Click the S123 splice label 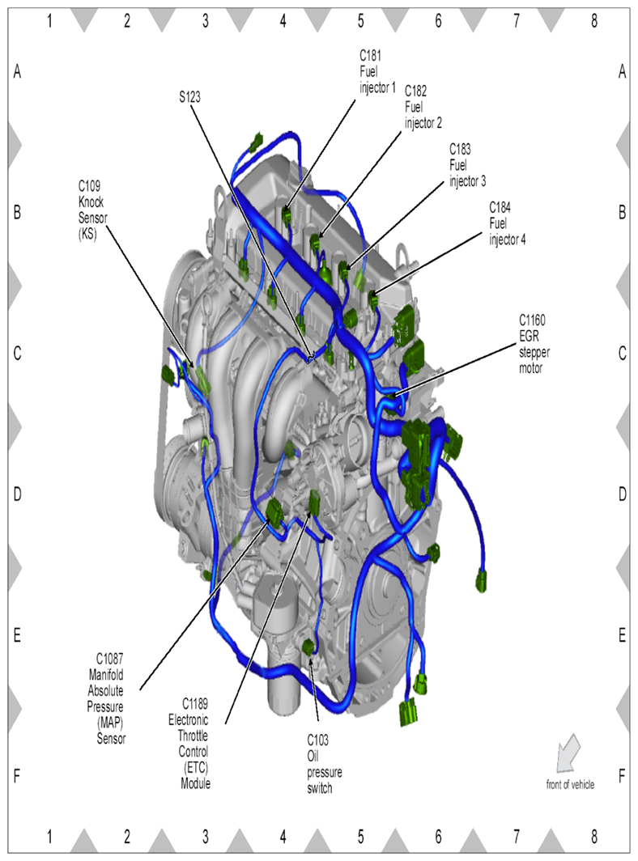189,97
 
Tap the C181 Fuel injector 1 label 377,71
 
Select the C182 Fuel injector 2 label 423,107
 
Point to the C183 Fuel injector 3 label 468,165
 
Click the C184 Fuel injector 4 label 507,223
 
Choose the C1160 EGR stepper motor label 534,344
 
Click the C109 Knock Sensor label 92,210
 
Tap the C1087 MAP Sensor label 106,698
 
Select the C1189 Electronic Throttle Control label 189,744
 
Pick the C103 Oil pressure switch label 324,764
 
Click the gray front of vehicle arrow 568,753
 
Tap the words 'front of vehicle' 570,785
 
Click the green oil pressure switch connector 309,647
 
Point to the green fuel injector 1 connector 287,215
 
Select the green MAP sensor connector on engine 274,511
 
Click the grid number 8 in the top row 594,21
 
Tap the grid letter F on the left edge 17,776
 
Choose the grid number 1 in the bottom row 49,837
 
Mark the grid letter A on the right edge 622,71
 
